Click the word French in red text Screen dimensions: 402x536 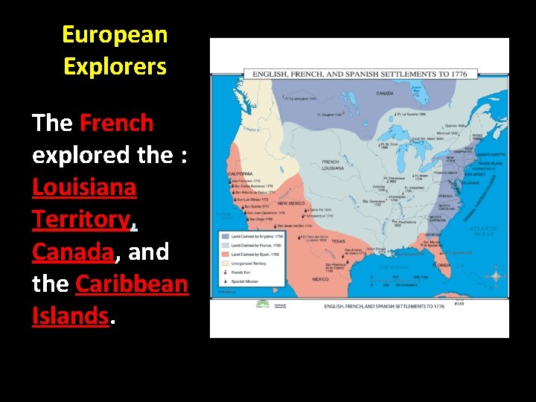pyautogui.click(x=116, y=123)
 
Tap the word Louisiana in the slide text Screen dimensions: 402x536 pyautogui.click(x=84, y=187)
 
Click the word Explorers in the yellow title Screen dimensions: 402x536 pyautogui.click(x=115, y=67)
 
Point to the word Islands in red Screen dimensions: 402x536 pyautogui.click(x=70, y=316)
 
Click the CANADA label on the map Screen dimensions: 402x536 pyautogui.click(x=385, y=94)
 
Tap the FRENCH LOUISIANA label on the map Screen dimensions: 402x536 pyautogui.click(x=333, y=165)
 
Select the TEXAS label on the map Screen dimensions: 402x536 pyautogui.click(x=339, y=241)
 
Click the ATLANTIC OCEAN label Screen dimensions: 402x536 pyautogui.click(x=484, y=233)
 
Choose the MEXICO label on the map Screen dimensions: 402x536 pyautogui.click(x=320, y=279)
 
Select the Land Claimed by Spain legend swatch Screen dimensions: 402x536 pyautogui.click(x=223, y=255)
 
